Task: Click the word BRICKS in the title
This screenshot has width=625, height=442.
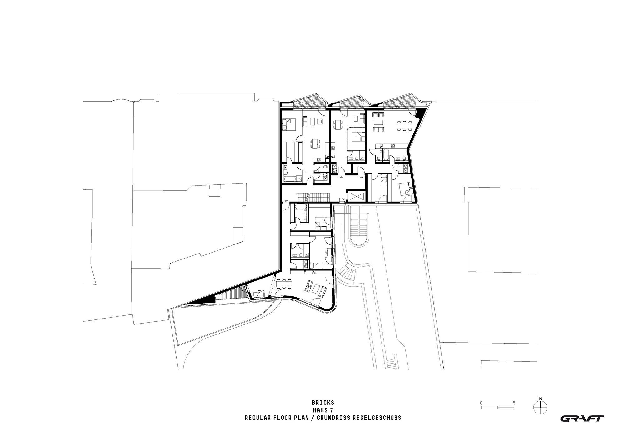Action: pos(323,403)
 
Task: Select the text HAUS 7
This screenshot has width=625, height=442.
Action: pos(323,410)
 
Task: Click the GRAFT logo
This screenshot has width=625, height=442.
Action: pos(582,418)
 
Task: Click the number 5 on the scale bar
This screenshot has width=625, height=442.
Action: pos(514,403)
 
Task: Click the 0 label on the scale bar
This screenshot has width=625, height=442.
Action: pos(482,403)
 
